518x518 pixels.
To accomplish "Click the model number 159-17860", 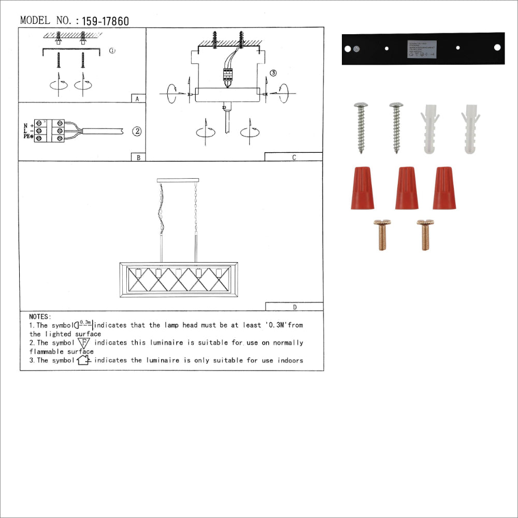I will pyautogui.click(x=105, y=21).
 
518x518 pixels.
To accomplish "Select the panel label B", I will pyautogui.click(x=138, y=157).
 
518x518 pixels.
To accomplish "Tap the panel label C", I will pyautogui.click(x=294, y=157).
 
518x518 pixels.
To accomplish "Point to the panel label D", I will pyautogui.click(x=294, y=307).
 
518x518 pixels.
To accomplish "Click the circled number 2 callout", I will pyautogui.click(x=137, y=131).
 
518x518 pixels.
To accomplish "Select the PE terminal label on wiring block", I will pyautogui.click(x=27, y=137).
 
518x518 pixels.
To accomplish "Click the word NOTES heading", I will pyautogui.click(x=40, y=316).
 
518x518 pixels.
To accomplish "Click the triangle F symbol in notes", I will pyautogui.click(x=84, y=342).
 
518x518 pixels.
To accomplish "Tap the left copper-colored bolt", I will pyautogui.click(x=382, y=235).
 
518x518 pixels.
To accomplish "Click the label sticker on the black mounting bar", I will pyautogui.click(x=422, y=48).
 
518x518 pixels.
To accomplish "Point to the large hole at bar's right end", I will pyautogui.click(x=497, y=48).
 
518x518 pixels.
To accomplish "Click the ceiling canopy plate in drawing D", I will pyautogui.click(x=177, y=180).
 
